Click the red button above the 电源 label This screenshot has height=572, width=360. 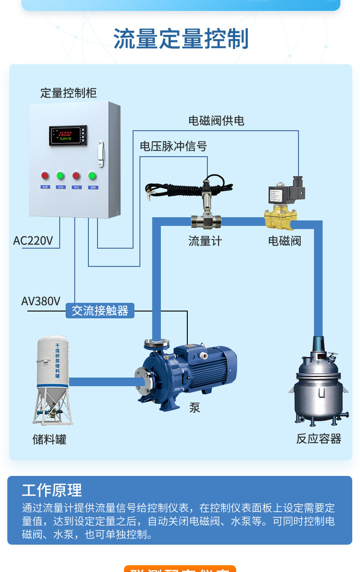coord(45,175)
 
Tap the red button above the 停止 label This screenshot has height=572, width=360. coord(76,175)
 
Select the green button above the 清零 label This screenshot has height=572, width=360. coord(93,175)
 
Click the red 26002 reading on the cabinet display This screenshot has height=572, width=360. coord(64,134)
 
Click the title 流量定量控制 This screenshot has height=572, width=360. coord(181,39)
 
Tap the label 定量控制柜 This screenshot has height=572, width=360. coord(68,93)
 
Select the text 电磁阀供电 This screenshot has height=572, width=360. coord(216,121)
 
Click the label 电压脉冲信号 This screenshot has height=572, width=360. coord(173,146)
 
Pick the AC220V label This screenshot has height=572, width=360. coord(33,240)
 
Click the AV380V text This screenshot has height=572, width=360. coord(41,301)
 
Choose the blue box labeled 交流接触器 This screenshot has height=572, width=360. coord(100,311)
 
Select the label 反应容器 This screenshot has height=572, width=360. coord(319,439)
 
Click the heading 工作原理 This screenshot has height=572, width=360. coord(52,490)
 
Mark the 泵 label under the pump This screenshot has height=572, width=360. coord(195,408)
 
